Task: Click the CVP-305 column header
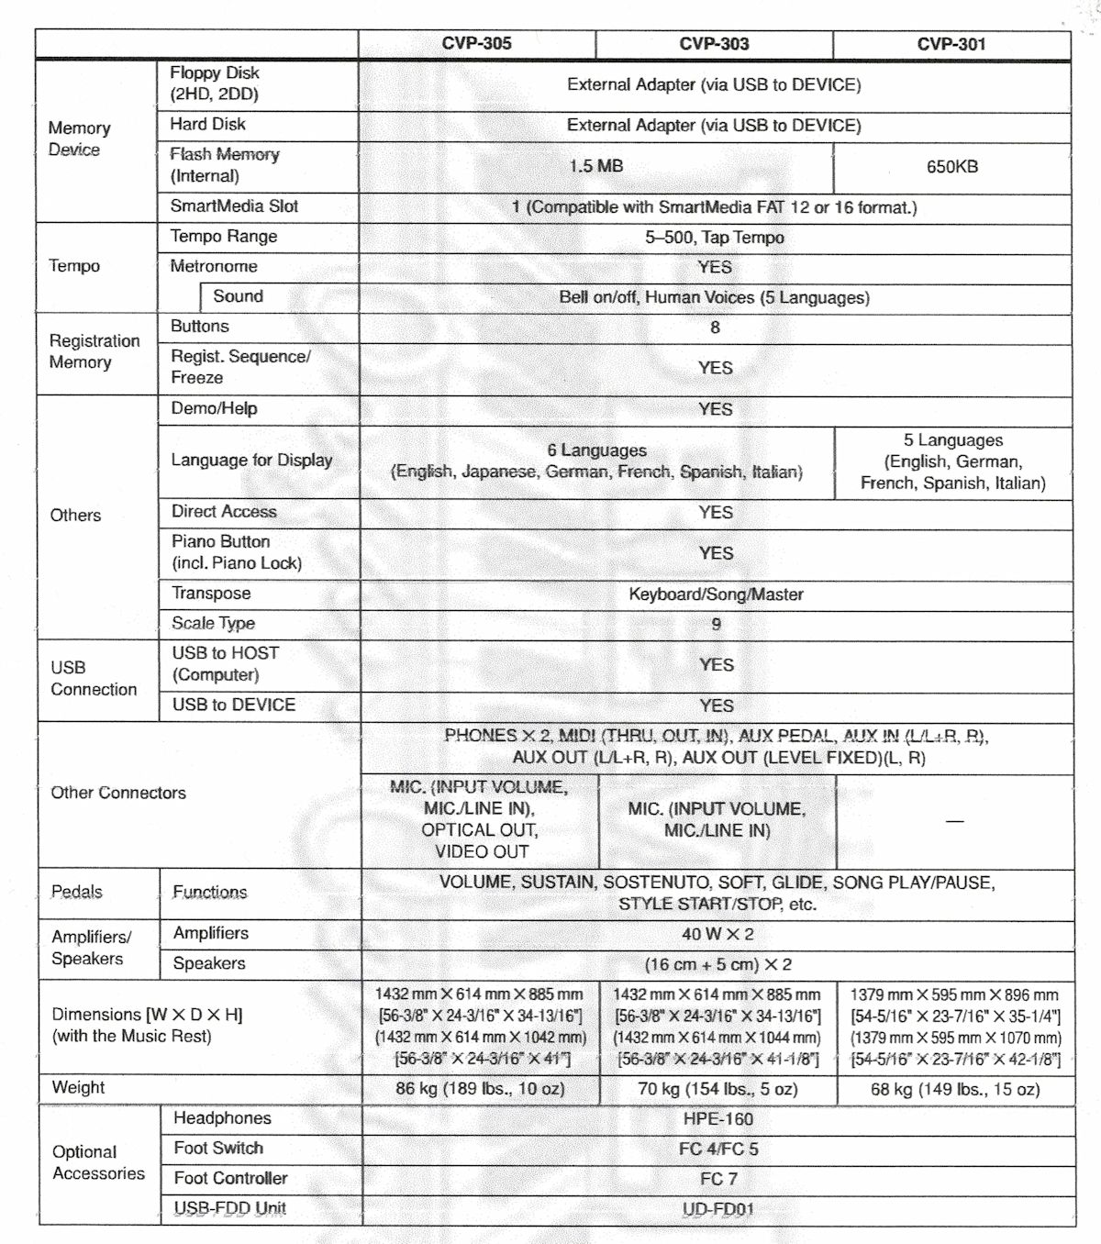point(476,43)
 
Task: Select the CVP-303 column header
point(714,43)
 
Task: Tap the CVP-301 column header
point(951,43)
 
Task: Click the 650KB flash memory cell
point(952,167)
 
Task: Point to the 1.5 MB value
point(595,166)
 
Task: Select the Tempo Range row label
point(224,237)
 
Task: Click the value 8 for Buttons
point(715,328)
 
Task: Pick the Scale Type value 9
point(716,624)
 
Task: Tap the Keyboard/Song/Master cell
point(716,594)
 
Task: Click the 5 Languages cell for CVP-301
point(953,461)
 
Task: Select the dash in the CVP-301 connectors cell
point(954,820)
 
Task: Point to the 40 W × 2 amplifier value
point(717,934)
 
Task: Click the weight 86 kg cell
point(480,1089)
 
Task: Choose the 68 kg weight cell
point(955,1090)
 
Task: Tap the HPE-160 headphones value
point(717,1119)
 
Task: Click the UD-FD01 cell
point(717,1209)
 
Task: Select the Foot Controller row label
point(230,1178)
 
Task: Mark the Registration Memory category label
point(95,351)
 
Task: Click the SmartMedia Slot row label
point(234,206)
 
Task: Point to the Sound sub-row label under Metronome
point(238,296)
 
